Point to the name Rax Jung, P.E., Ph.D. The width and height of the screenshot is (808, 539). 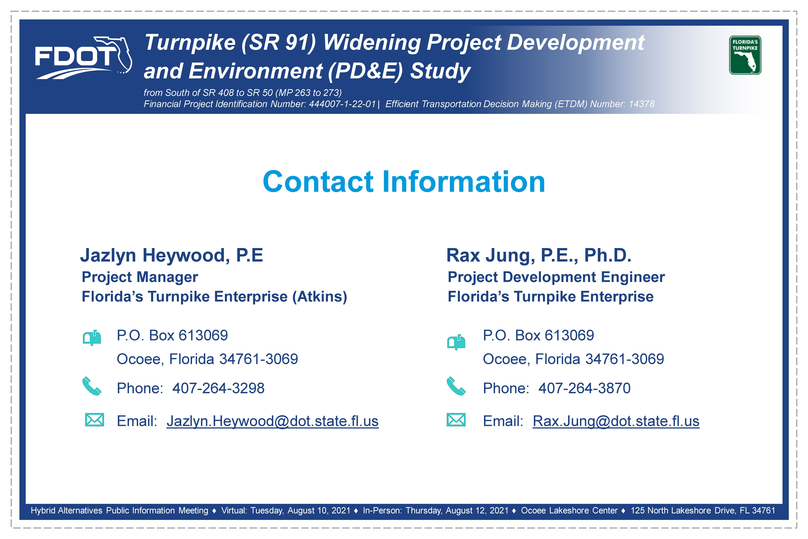click(x=539, y=255)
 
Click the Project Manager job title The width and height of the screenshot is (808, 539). click(x=140, y=277)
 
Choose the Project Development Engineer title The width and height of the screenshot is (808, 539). click(x=556, y=277)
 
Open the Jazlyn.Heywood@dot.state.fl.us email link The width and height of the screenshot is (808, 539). click(x=272, y=421)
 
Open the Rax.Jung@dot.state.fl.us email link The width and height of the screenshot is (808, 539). click(x=616, y=421)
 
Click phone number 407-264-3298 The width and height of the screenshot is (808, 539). click(x=218, y=388)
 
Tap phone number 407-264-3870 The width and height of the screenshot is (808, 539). click(x=584, y=388)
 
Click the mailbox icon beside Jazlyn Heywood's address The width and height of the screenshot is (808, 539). click(x=92, y=338)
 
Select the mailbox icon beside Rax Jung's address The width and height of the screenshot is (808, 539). click(x=456, y=342)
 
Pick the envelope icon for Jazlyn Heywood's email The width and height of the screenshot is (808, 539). click(x=94, y=420)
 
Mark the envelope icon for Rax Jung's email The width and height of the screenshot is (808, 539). click(x=456, y=420)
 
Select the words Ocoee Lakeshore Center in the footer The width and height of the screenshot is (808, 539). click(x=569, y=510)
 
